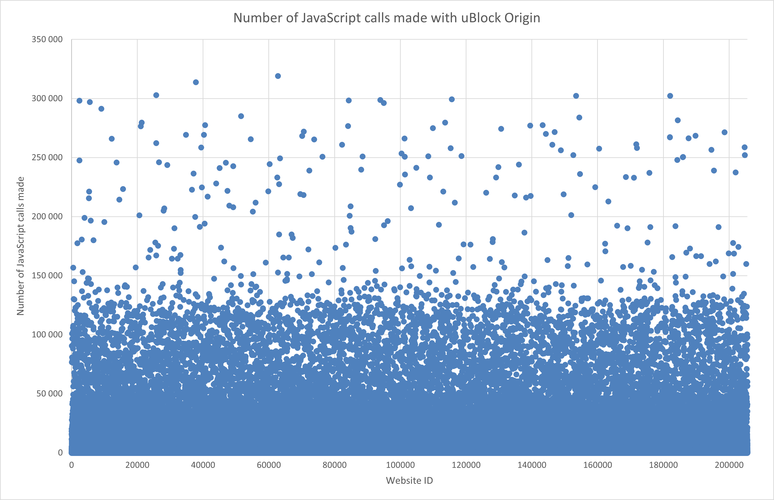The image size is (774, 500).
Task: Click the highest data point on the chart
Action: coord(278,76)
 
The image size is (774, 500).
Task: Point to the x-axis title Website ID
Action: coord(409,481)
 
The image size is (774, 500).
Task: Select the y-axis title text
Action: coord(21,246)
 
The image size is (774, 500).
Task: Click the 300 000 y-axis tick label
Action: coord(47,98)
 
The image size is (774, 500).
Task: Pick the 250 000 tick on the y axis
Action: coord(47,158)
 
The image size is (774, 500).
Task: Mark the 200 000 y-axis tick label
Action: coord(47,217)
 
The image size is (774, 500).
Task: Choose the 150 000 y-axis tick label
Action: coord(47,275)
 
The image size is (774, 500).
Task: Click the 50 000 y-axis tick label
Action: coord(49,393)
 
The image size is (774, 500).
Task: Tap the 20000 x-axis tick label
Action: coord(137,465)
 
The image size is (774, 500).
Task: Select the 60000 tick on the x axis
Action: coord(269,465)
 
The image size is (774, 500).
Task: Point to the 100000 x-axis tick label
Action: coord(400,465)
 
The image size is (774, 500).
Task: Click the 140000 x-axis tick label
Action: coord(532,465)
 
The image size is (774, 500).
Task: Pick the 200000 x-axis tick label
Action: coord(729,465)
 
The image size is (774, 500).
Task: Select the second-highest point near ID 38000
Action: coord(196,82)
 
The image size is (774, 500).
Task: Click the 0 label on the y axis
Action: coord(60,452)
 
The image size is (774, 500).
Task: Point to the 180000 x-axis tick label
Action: coord(663,465)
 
